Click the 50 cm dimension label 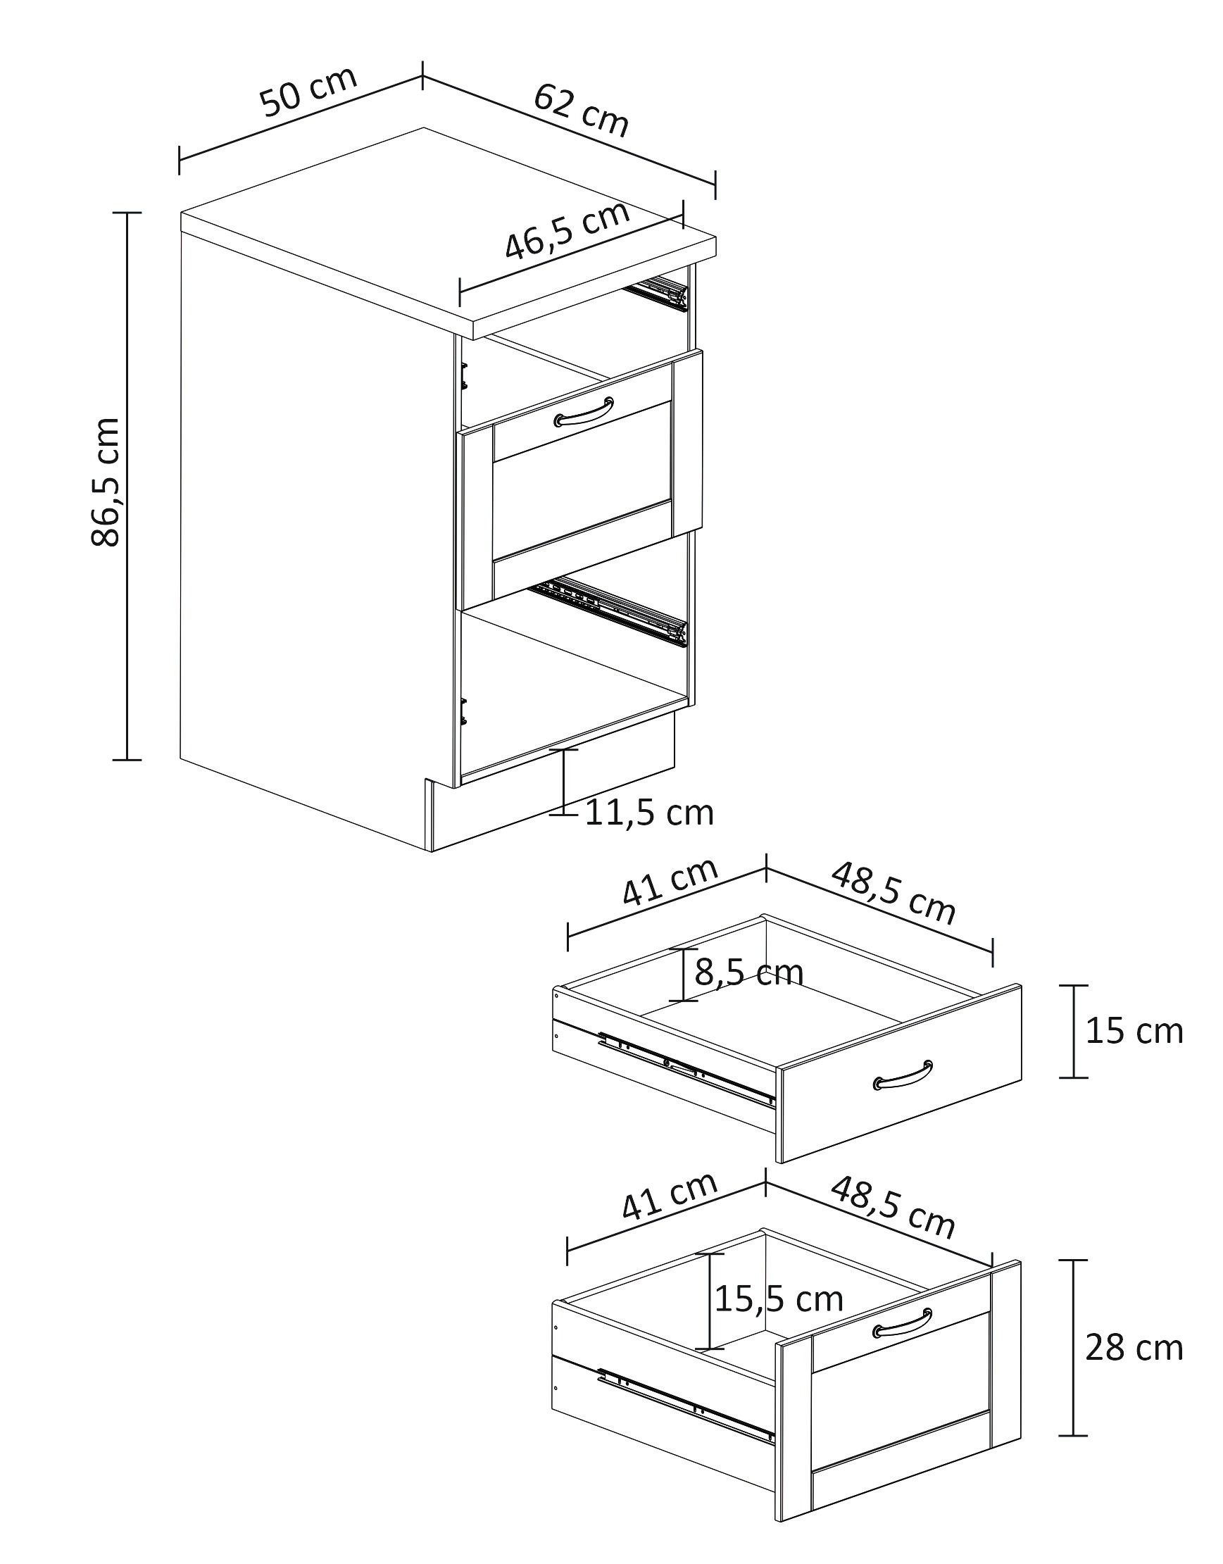tap(308, 92)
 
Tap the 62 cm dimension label tap(582, 110)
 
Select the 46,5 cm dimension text tap(567, 230)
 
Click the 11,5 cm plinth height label tap(649, 813)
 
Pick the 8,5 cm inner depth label tap(749, 972)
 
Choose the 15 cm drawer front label tap(1134, 1031)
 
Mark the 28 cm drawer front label tap(1134, 1349)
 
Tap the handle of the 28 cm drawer tap(903, 1322)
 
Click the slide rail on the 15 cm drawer tap(686, 1068)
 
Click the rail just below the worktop tap(656, 294)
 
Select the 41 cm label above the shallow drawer tap(670, 882)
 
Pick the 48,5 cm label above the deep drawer tap(893, 1209)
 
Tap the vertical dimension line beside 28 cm tap(1072, 1348)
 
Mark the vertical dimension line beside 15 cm tap(1072, 1031)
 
